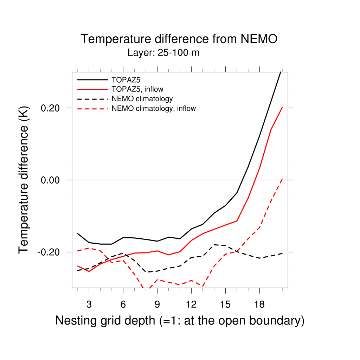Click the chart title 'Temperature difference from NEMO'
(179, 39)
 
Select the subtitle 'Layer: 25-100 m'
(163, 53)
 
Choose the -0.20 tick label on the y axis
(50, 252)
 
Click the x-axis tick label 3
(89, 304)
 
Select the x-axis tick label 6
(123, 304)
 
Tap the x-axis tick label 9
(157, 304)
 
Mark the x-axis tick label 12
(191, 304)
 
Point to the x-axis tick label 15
(225, 304)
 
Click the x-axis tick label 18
(259, 304)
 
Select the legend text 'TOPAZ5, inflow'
(137, 89)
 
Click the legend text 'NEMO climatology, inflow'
(154, 108)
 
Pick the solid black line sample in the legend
(92, 79)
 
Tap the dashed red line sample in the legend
(92, 108)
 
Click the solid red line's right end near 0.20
(282, 107)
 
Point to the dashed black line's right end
(282, 253)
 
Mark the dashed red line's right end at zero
(282, 179)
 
